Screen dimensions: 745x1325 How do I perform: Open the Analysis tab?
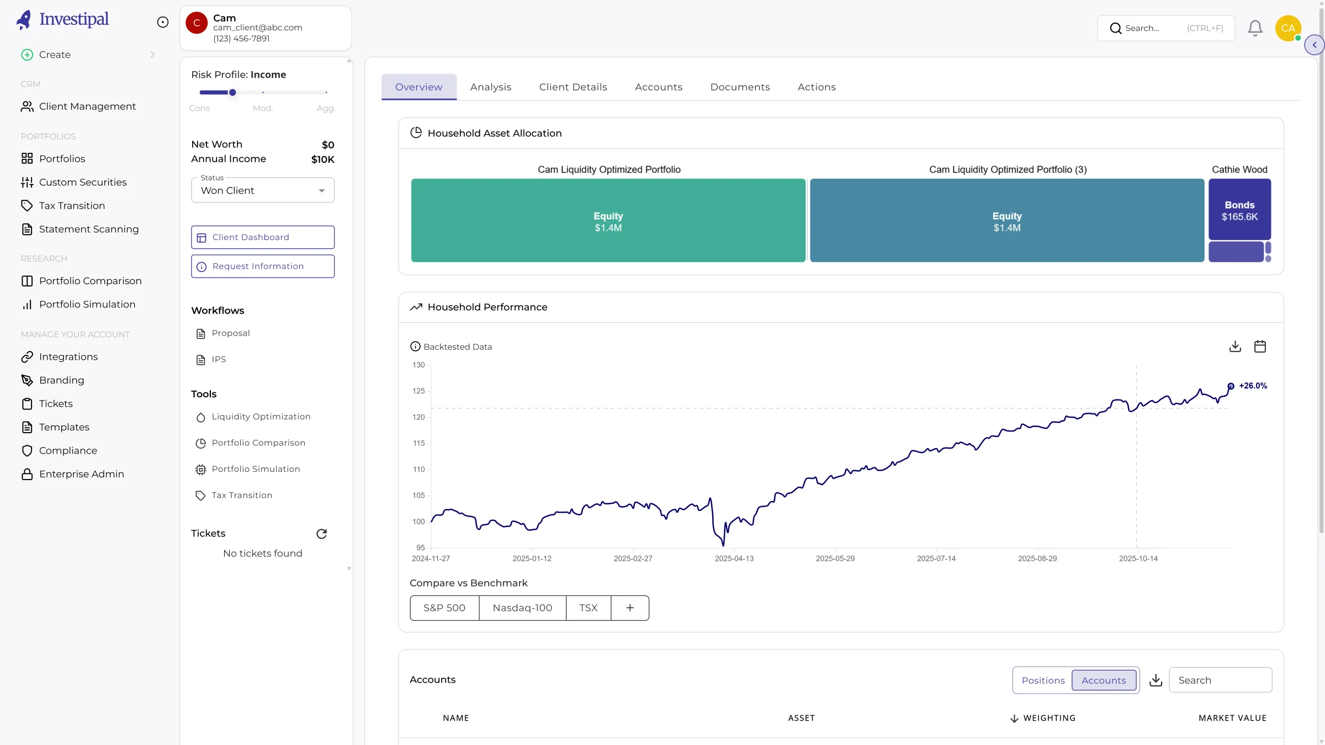pyautogui.click(x=490, y=87)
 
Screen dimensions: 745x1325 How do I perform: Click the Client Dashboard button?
pyautogui.click(x=263, y=237)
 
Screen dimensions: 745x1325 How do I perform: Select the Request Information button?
pyautogui.click(x=263, y=267)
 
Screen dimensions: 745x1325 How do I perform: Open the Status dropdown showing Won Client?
pyautogui.click(x=263, y=190)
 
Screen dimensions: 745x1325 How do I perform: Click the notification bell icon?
pyautogui.click(x=1255, y=28)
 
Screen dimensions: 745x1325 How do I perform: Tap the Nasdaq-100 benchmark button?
pyautogui.click(x=522, y=608)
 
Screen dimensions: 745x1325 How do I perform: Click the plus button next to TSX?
pyautogui.click(x=630, y=608)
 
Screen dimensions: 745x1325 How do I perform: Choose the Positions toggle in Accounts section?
pyautogui.click(x=1043, y=680)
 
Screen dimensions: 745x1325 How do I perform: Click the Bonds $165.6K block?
pyautogui.click(x=1239, y=210)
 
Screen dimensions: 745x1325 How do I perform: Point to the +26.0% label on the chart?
pyautogui.click(x=1253, y=386)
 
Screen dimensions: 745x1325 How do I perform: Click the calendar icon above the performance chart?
pyautogui.click(x=1260, y=347)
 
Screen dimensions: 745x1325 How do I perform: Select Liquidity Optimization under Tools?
pyautogui.click(x=261, y=417)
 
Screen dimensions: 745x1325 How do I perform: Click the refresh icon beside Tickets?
pyautogui.click(x=321, y=534)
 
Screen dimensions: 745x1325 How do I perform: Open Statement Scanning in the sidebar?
pyautogui.click(x=89, y=229)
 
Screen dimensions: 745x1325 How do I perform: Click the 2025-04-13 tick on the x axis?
pyautogui.click(x=734, y=558)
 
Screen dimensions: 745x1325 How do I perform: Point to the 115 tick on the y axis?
pyautogui.click(x=418, y=443)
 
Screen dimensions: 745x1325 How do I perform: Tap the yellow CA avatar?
pyautogui.click(x=1288, y=28)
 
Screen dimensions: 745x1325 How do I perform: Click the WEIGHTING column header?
pyautogui.click(x=1049, y=718)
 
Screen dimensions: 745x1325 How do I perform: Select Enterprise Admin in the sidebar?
pyautogui.click(x=82, y=474)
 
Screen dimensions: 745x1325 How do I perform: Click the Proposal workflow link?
pyautogui.click(x=231, y=333)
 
